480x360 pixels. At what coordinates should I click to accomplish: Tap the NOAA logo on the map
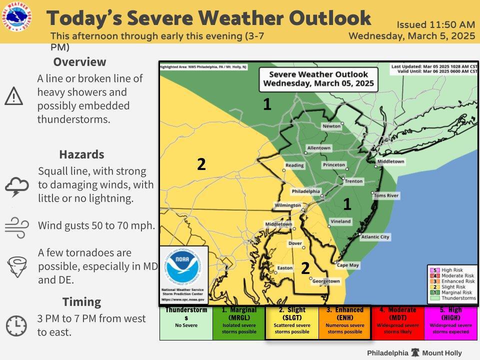[183, 269]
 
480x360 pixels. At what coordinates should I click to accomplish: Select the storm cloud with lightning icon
[17, 187]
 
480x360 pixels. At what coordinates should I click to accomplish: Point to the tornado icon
[16, 266]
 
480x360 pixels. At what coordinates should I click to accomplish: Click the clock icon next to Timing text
[16, 326]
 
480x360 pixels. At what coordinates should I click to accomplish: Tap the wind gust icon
[16, 225]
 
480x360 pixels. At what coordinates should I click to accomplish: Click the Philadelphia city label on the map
[305, 191]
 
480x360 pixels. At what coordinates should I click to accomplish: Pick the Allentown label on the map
[318, 148]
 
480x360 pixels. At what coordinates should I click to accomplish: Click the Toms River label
[386, 195]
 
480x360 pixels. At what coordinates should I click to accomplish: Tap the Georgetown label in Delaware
[326, 281]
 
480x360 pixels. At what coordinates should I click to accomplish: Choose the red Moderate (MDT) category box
[397, 323]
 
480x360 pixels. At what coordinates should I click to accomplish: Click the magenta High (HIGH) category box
[450, 323]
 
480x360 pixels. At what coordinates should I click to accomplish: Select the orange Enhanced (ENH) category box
[344, 323]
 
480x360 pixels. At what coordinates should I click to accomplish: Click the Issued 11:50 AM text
[435, 24]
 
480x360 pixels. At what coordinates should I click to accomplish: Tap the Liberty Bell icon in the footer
[414, 352]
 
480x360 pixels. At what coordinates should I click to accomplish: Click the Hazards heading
[81, 154]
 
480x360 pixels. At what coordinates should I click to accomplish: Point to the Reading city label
[294, 165]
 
